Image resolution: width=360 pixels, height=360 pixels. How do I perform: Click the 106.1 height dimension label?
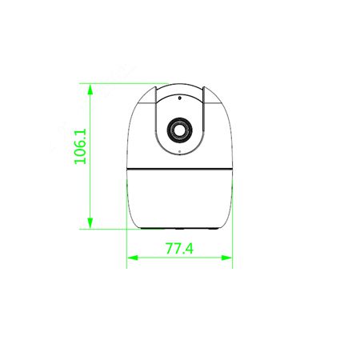pos(80,146)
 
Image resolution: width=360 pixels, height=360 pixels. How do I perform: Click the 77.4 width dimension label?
pos(179,248)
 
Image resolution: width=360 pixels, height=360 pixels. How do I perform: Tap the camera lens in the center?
pos(179,130)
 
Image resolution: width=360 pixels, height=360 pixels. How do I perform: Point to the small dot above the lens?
pos(179,98)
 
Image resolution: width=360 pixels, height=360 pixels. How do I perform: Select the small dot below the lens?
pos(179,152)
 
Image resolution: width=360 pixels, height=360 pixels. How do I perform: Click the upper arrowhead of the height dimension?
pos(90,89)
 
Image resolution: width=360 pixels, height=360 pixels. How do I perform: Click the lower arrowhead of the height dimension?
pos(90,223)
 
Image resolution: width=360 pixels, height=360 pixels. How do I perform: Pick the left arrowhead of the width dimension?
pos(133,258)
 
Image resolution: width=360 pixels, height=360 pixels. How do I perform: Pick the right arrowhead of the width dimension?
pos(226,258)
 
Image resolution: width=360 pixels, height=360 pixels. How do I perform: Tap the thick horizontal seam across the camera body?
pos(179,169)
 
